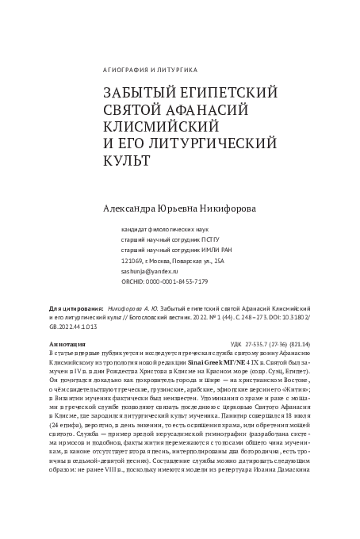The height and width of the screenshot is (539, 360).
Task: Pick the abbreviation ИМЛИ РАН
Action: coord(207,249)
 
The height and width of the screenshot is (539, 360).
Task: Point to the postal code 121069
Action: coord(133,259)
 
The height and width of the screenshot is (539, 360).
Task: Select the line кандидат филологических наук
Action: coord(164,227)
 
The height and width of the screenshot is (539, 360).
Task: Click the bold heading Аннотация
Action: coord(67,345)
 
